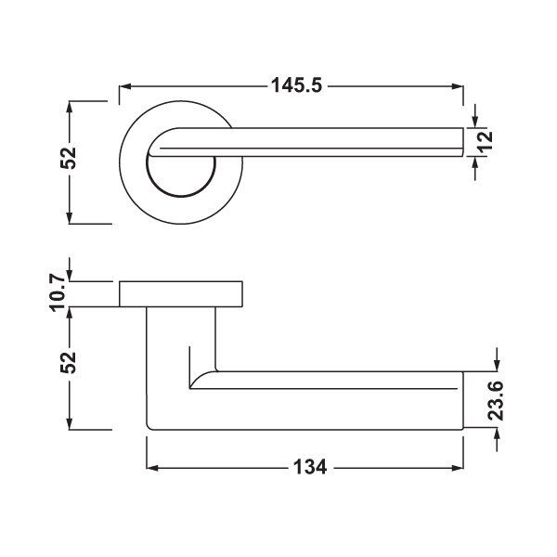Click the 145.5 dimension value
tap(297, 85)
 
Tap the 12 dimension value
tap(486, 142)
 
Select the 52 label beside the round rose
tap(69, 158)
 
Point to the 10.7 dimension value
tap(58, 292)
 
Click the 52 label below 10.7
tap(69, 362)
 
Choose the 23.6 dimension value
tap(496, 400)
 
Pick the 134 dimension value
tap(310, 467)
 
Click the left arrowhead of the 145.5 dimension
tap(125, 86)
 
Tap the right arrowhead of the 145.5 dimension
tap(458, 86)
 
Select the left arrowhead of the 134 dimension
tap(152, 468)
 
